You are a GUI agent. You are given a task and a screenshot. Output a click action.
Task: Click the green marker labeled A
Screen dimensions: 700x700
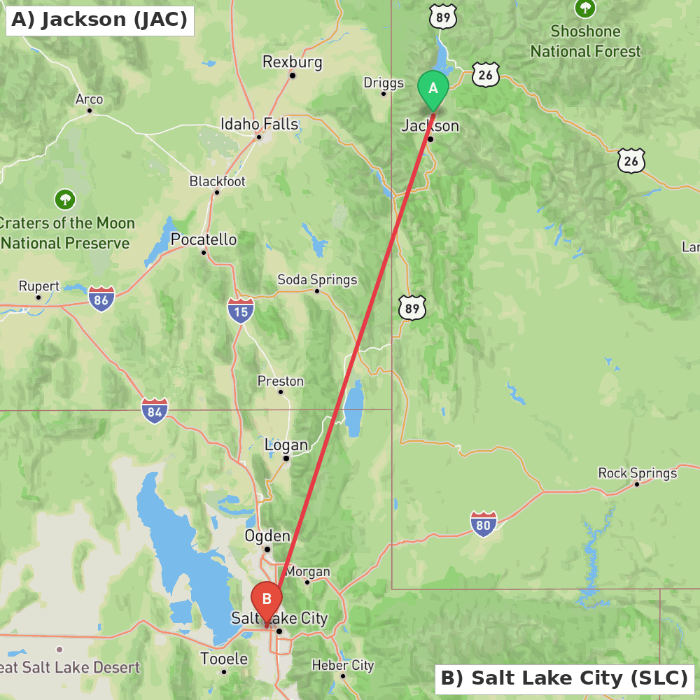(433, 89)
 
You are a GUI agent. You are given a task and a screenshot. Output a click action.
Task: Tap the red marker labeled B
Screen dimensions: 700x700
(266, 599)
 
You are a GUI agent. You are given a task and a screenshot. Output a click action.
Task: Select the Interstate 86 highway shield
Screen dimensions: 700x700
(101, 299)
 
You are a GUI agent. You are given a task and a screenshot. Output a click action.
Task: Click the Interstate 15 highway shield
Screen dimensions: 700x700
(240, 309)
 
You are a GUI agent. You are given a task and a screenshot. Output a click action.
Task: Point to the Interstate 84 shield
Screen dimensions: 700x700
(155, 410)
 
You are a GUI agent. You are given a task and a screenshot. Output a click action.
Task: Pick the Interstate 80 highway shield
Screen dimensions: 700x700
(483, 524)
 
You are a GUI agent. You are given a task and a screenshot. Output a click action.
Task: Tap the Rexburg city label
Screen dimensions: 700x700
(292, 62)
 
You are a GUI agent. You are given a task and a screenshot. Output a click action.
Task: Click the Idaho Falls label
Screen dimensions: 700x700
(259, 125)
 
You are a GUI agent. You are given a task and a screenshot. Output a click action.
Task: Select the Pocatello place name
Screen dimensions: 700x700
(204, 240)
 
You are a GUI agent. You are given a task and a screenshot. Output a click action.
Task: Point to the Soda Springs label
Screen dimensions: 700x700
(317, 280)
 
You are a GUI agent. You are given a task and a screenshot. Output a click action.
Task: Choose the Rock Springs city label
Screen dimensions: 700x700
(637, 473)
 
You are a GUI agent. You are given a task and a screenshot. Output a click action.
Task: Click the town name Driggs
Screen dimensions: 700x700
(384, 83)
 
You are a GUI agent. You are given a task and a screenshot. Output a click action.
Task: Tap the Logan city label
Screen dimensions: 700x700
(286, 445)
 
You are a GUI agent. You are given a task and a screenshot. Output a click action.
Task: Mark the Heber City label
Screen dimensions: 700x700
(343, 665)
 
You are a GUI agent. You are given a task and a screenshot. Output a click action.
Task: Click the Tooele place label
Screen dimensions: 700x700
(224, 659)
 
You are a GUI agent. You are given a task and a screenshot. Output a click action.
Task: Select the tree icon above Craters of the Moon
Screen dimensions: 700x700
(65, 199)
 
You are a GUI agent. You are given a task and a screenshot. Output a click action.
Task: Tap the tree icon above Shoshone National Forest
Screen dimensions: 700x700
(585, 8)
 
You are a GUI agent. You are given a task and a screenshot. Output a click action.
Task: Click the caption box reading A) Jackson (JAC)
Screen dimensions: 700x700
(100, 20)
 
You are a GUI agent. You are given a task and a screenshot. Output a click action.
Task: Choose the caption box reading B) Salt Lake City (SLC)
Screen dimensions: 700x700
(564, 678)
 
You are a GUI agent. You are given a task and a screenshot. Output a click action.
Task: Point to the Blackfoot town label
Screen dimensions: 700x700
(217, 181)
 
